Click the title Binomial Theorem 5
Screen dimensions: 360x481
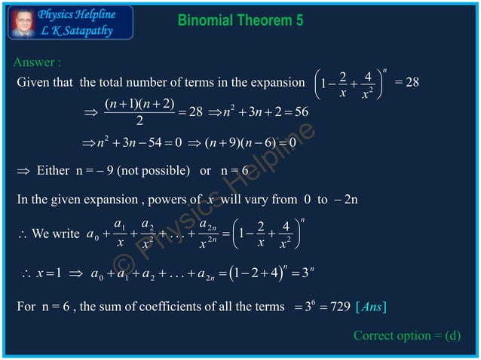pyautogui.click(x=240, y=20)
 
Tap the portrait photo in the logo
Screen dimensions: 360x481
pyautogui.click(x=23, y=20)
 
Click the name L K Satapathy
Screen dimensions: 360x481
pyautogui.click(x=77, y=30)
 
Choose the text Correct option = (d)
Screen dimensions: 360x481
pyautogui.click(x=407, y=335)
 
